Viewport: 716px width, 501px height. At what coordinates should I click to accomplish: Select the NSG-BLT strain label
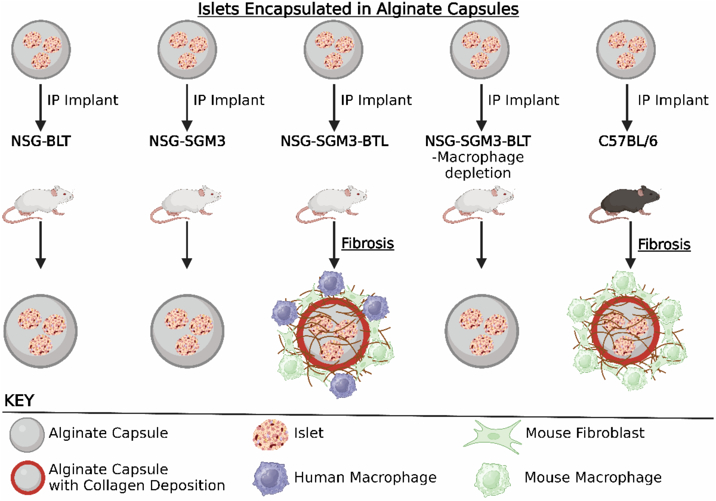[x=41, y=141]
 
